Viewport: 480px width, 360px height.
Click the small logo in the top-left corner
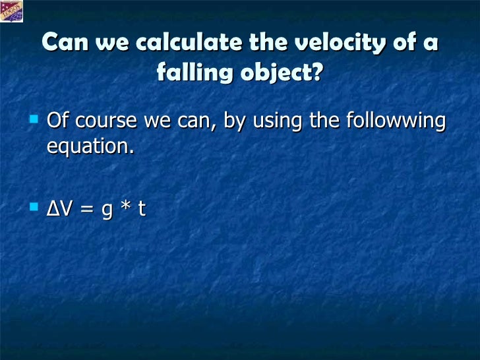[12, 11]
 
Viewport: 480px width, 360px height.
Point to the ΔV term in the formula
[59, 209]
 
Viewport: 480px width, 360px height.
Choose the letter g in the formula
[108, 212]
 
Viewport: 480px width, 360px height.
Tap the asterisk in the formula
[125, 208]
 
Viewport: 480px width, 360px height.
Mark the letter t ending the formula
[141, 209]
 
